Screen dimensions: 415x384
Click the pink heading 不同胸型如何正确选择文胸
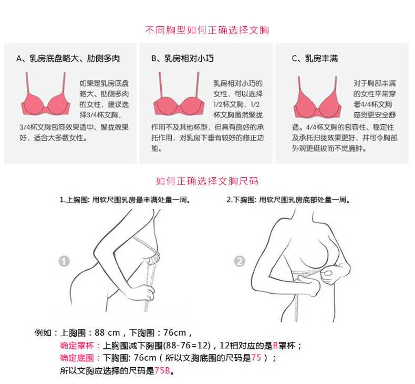tap(207, 30)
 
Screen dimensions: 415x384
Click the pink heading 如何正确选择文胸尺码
tap(207, 182)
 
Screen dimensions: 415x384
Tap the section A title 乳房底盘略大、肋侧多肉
tap(75, 58)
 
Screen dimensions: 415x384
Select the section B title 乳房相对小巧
tap(189, 58)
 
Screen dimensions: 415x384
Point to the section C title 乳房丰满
tap(321, 58)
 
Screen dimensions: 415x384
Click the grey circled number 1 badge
tap(64, 261)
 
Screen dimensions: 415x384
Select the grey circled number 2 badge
tap(240, 261)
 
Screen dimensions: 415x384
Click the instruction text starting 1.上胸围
tap(125, 200)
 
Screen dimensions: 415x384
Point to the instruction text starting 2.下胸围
tap(288, 200)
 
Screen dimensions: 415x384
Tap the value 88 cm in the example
tap(107, 333)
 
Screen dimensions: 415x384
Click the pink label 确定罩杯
tap(77, 345)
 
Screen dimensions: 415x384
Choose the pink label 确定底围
tap(77, 358)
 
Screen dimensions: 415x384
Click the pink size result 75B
tap(162, 370)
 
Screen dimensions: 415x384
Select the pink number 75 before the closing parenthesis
tap(256, 358)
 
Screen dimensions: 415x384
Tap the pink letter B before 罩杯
tap(275, 345)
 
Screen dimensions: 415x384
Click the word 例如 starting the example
tap(43, 333)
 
